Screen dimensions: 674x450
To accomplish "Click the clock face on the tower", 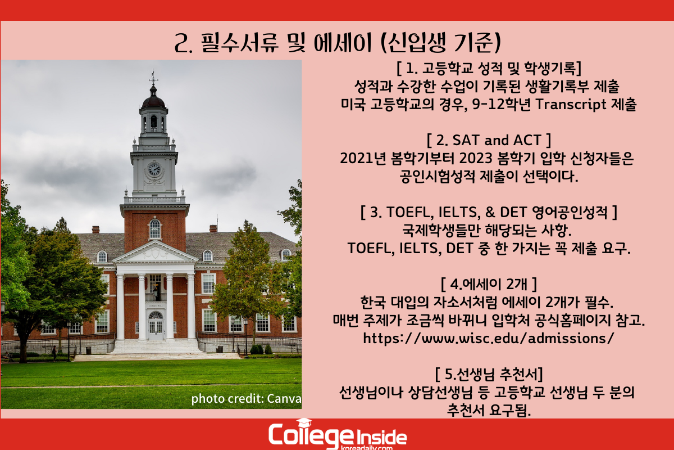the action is click(154, 169).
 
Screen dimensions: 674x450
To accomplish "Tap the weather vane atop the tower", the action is click(153, 78).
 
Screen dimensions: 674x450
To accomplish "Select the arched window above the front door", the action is click(156, 315).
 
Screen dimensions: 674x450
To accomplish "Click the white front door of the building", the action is click(156, 330).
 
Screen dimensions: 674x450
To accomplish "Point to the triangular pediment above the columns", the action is click(156, 252).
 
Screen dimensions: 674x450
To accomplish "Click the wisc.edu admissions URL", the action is click(488, 338).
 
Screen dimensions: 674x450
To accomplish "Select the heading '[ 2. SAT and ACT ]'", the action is click(489, 140).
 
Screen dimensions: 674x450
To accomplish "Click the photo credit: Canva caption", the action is click(246, 399).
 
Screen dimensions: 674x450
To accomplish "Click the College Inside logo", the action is click(338, 435).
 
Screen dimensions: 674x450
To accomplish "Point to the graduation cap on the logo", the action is click(304, 422).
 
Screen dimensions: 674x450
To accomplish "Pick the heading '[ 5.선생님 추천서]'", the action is click(489, 374).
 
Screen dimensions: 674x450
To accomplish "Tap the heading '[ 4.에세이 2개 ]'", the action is click(489, 284).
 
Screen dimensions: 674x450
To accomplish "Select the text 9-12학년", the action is click(501, 104).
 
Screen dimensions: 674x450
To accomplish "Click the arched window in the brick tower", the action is click(155, 228).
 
